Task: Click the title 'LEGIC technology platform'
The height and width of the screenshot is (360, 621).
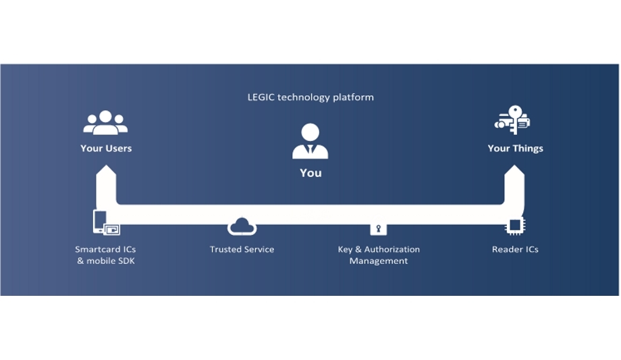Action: (x=310, y=97)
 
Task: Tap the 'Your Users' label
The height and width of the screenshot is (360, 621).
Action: (x=106, y=149)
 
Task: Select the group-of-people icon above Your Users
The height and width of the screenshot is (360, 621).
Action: (x=105, y=122)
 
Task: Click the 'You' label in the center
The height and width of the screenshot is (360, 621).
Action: (x=310, y=173)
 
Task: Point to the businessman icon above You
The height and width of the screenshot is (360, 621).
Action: (x=310, y=142)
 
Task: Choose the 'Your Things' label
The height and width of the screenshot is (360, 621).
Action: (x=515, y=149)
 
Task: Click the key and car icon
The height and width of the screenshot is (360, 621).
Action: (x=513, y=120)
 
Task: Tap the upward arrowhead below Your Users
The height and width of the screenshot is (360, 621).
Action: (x=106, y=177)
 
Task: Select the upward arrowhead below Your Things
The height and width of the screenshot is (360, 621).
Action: (x=515, y=177)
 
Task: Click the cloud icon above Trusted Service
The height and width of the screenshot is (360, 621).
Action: (x=242, y=226)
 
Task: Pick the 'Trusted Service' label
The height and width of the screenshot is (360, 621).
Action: (x=242, y=249)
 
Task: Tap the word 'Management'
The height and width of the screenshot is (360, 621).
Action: (x=379, y=261)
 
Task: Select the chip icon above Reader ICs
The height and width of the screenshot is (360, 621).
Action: (x=515, y=226)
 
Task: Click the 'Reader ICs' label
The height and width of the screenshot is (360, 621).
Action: (x=515, y=249)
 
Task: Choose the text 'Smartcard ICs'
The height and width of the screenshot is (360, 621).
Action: (x=105, y=249)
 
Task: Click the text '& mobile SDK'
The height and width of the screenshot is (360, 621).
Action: (x=105, y=261)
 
